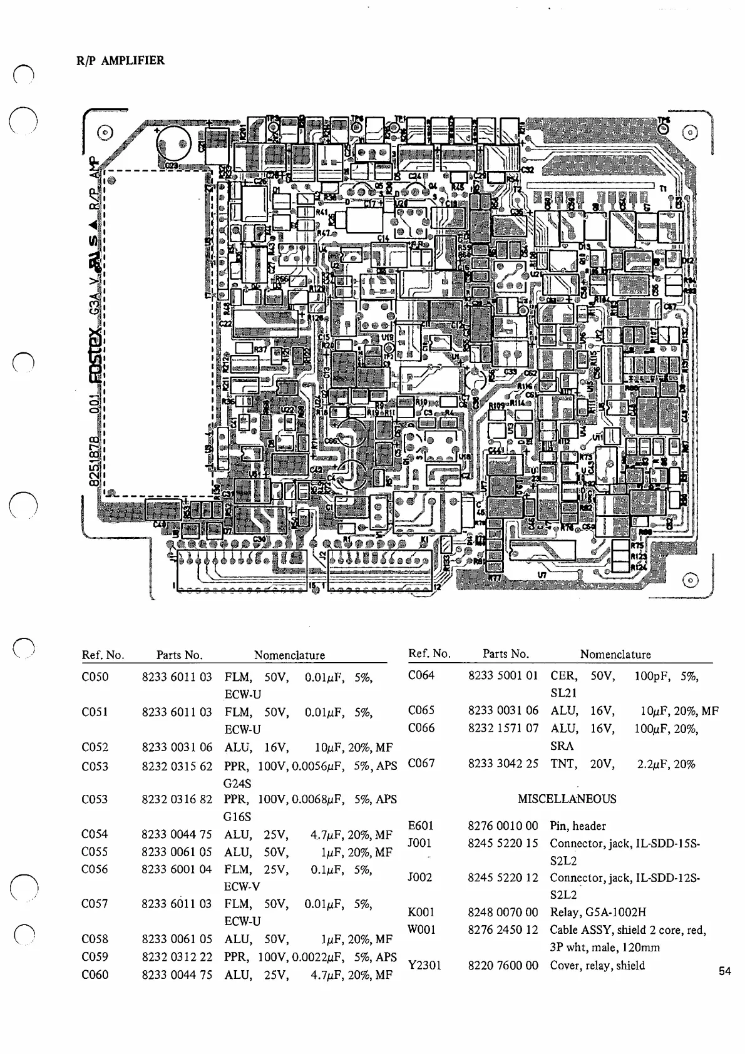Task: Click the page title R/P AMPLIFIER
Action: [120, 61]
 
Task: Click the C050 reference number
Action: [95, 677]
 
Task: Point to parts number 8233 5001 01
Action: [503, 675]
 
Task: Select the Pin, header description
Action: [578, 826]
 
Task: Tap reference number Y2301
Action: [424, 965]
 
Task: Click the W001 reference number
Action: [421, 929]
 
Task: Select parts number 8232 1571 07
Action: [503, 728]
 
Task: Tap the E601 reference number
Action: [421, 826]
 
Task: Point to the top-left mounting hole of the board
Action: [105, 133]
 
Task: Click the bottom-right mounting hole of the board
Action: [689, 580]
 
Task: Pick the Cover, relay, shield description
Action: [597, 965]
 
